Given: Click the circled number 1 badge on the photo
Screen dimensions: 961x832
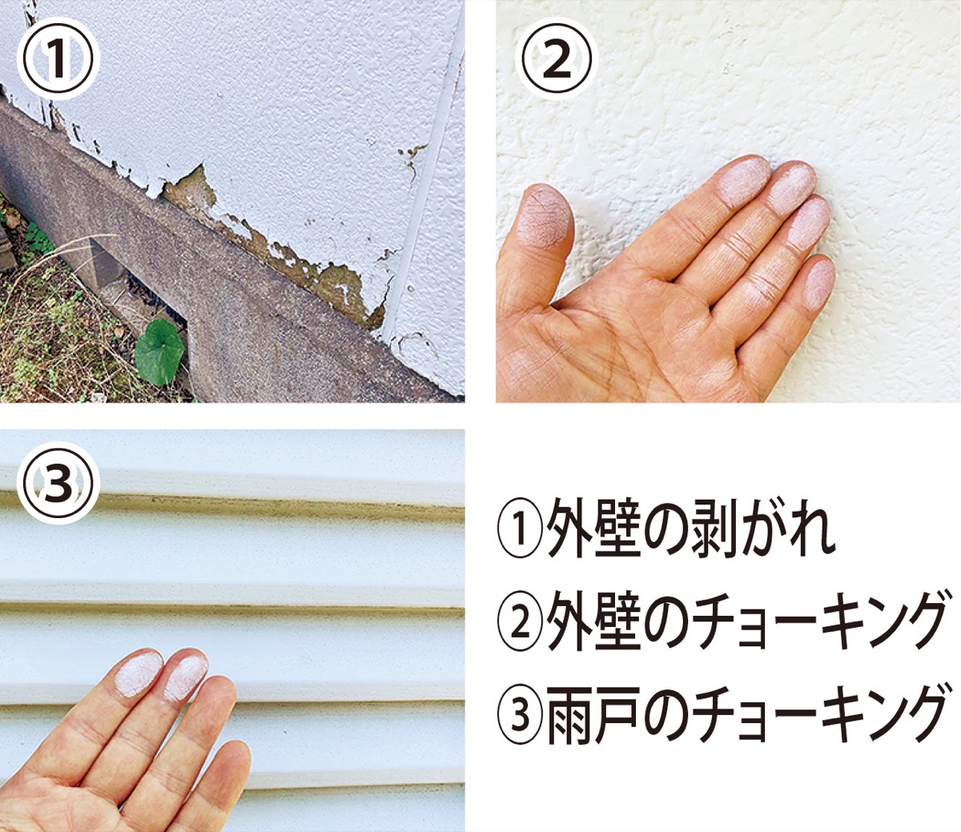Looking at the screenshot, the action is point(58,59).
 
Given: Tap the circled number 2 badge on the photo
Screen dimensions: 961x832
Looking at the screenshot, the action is point(557,59).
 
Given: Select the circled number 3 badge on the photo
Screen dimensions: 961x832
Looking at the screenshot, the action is point(58,484).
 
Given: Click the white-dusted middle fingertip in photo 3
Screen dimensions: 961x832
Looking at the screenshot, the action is point(186,678).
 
